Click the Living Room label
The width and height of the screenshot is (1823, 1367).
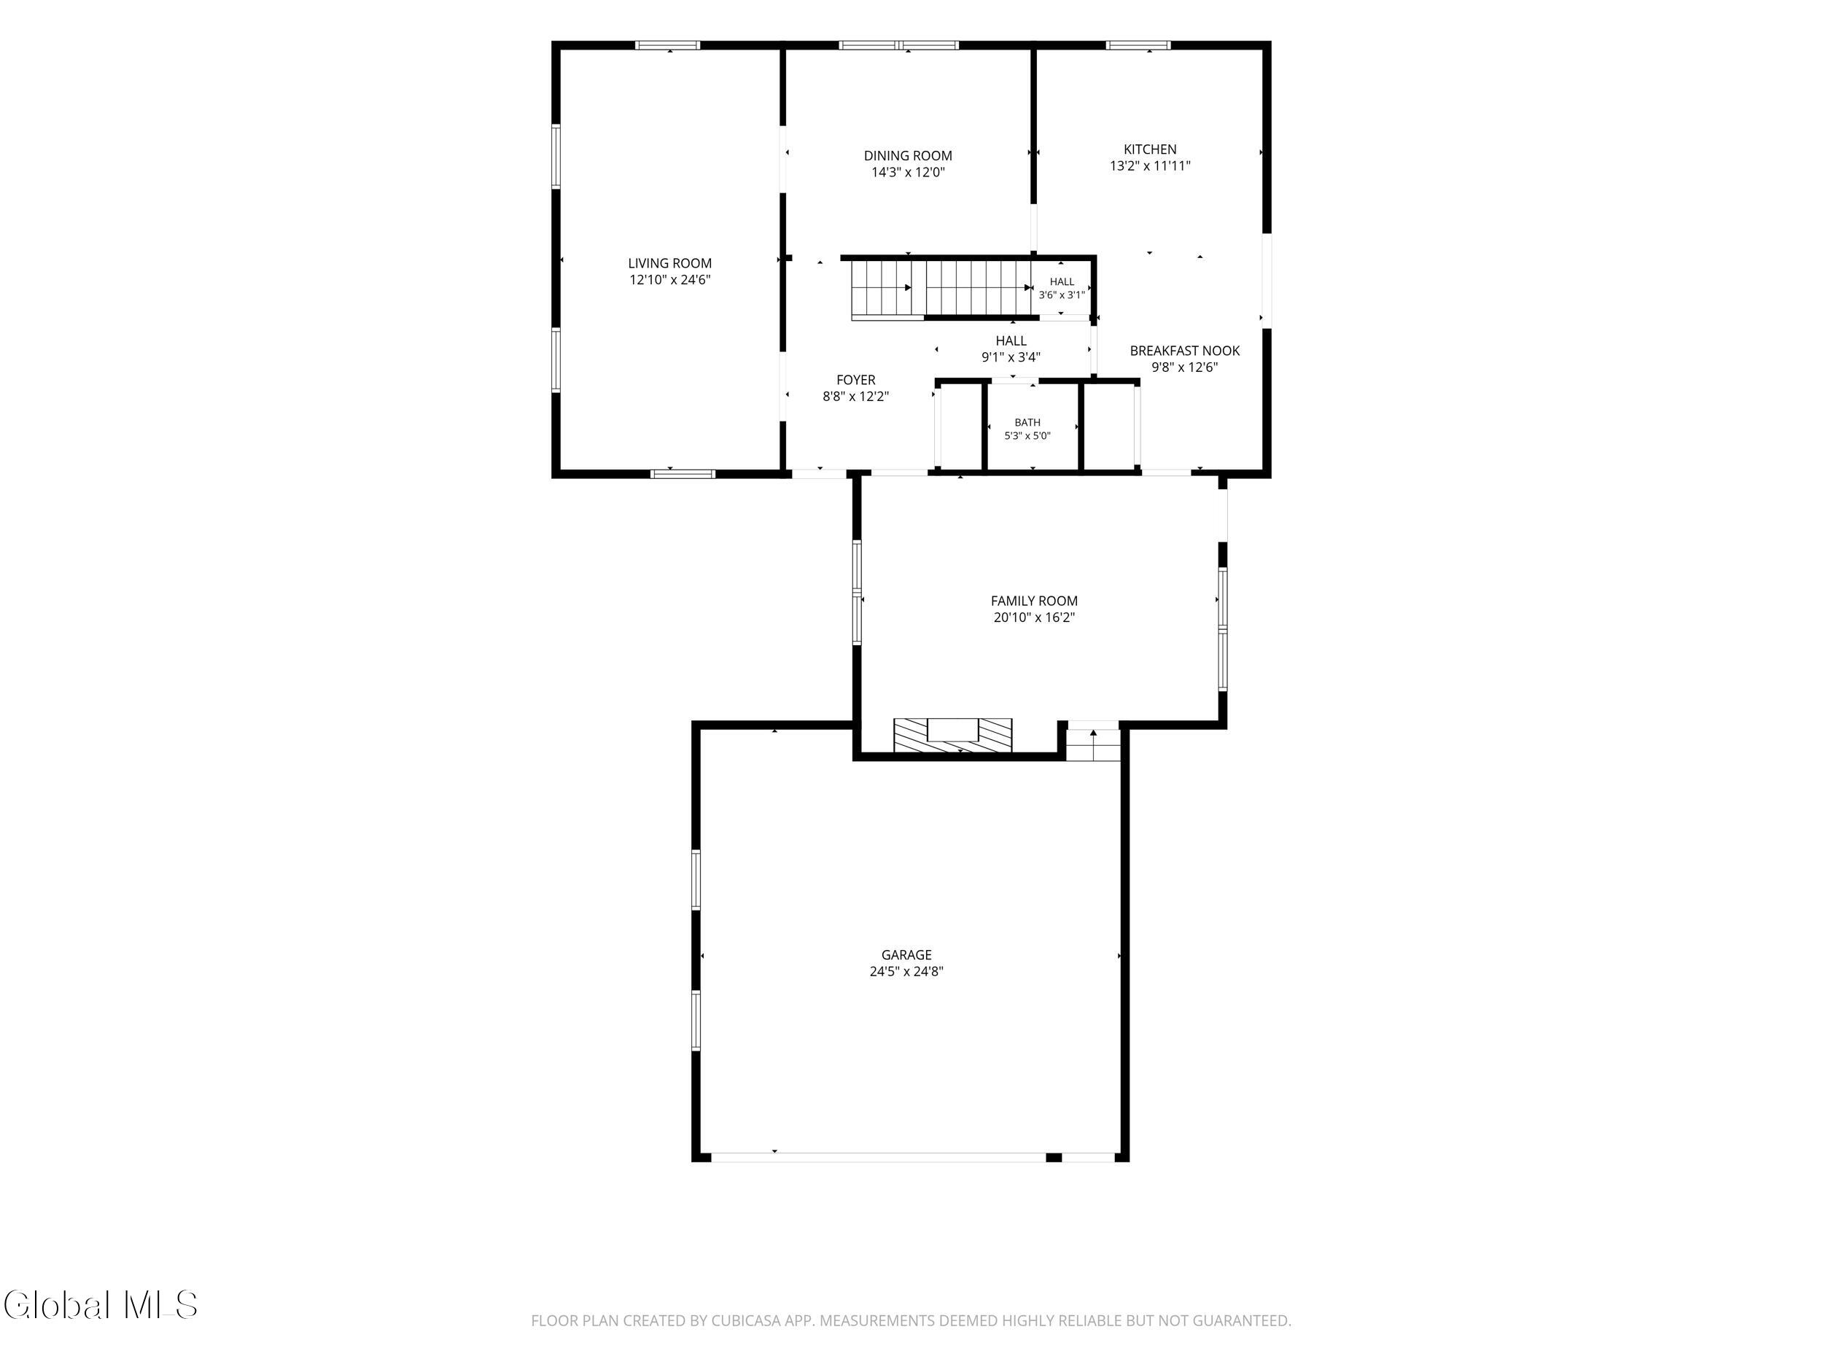(x=669, y=264)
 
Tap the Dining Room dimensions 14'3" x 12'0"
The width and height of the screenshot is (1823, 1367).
(x=908, y=173)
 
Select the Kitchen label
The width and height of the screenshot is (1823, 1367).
(x=1150, y=149)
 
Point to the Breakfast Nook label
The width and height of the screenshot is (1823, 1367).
(x=1184, y=351)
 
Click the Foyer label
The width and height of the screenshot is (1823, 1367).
(x=855, y=380)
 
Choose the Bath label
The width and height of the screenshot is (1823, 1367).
(x=1027, y=423)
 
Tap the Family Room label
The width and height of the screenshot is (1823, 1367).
(x=1034, y=601)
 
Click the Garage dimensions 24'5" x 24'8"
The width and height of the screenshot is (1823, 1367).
(x=906, y=972)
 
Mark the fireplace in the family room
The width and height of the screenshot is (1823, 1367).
(x=953, y=735)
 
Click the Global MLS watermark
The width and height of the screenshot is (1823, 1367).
(x=101, y=1305)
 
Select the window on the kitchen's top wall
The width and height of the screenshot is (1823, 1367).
(x=1138, y=45)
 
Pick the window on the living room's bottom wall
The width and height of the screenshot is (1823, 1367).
(x=683, y=474)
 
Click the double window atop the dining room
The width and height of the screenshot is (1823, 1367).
(x=899, y=45)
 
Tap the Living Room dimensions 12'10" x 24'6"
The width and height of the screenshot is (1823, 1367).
(x=670, y=280)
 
